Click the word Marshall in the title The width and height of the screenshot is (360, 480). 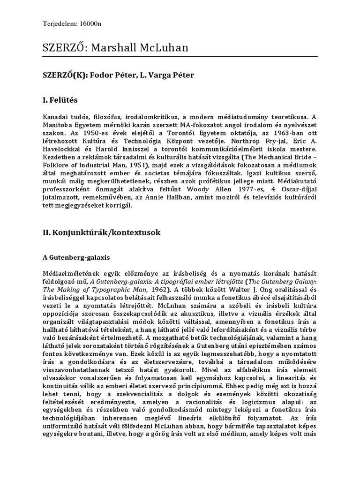(113, 47)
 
